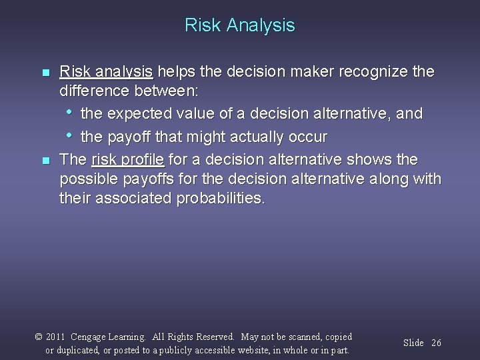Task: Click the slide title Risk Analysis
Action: coord(240,25)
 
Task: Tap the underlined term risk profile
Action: coord(127,160)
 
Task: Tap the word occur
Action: coord(308,137)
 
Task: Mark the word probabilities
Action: coord(220,199)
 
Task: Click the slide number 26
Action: coord(436,343)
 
